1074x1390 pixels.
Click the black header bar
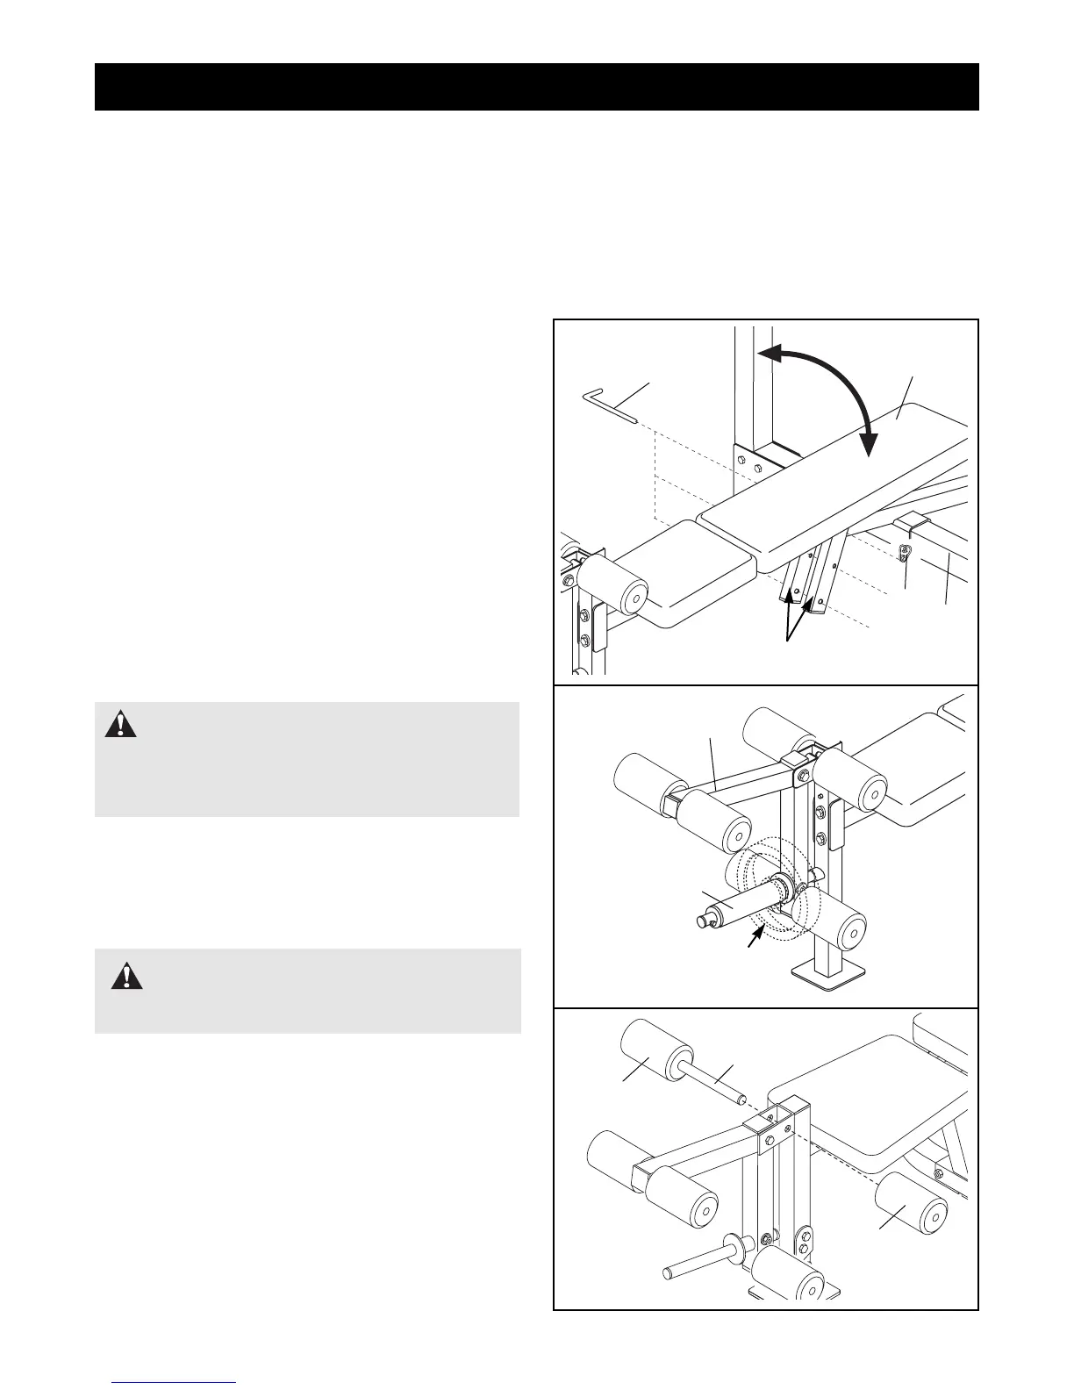536,87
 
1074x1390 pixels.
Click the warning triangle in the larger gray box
121,724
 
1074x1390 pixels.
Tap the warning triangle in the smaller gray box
127,976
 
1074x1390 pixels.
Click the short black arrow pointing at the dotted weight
750,937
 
